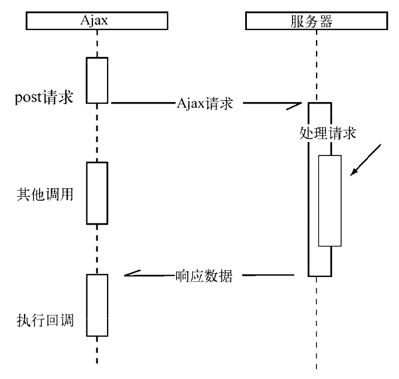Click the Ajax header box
click(97, 21)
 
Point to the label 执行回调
click(45, 321)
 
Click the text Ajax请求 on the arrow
click(205, 104)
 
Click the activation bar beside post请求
click(96, 80)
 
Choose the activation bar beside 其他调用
click(96, 192)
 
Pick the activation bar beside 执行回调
click(96, 305)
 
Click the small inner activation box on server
click(329, 201)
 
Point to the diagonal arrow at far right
click(366, 159)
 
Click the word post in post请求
click(27, 98)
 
